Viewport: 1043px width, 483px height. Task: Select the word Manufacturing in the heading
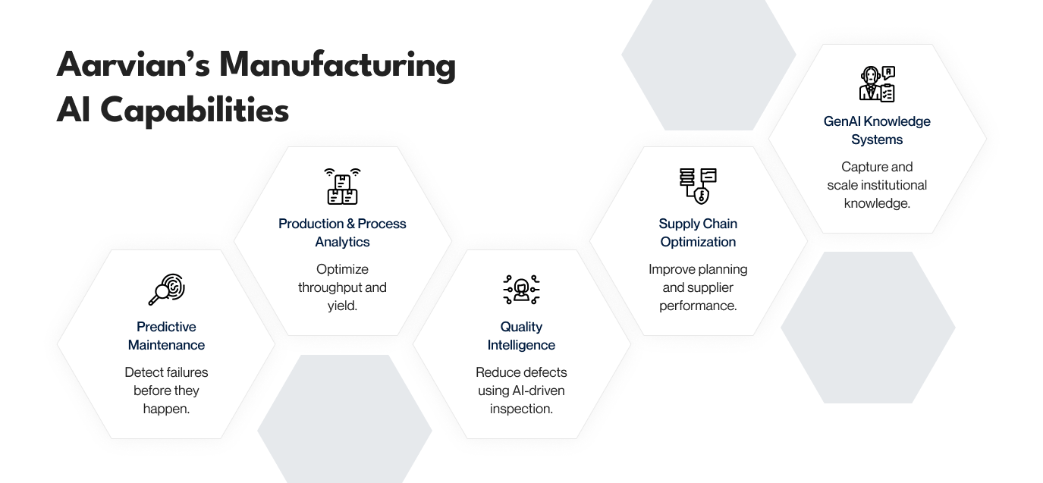point(338,65)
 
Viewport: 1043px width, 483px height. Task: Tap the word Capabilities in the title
point(194,111)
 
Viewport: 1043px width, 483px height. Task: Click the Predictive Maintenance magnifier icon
point(166,290)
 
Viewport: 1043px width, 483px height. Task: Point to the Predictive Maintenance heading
point(166,336)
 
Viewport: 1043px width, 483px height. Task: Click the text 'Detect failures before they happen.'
point(166,390)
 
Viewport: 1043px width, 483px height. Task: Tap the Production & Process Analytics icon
point(342,187)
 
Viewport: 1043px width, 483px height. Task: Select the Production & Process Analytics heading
point(342,233)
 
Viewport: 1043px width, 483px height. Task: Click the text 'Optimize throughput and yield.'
point(342,287)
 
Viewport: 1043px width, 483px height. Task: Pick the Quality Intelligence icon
point(521,290)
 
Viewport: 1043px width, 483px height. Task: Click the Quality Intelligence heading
point(521,336)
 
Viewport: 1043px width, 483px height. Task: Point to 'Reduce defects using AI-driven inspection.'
point(521,390)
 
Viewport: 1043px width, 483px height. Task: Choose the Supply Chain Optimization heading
point(698,233)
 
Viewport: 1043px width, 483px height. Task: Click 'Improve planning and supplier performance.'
point(698,287)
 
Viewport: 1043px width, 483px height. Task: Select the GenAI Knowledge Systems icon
point(877,84)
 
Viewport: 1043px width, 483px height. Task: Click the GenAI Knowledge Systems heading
point(877,130)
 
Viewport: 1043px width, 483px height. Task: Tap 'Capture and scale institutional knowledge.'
point(877,185)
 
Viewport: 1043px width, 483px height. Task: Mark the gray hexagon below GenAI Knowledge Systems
point(868,328)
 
